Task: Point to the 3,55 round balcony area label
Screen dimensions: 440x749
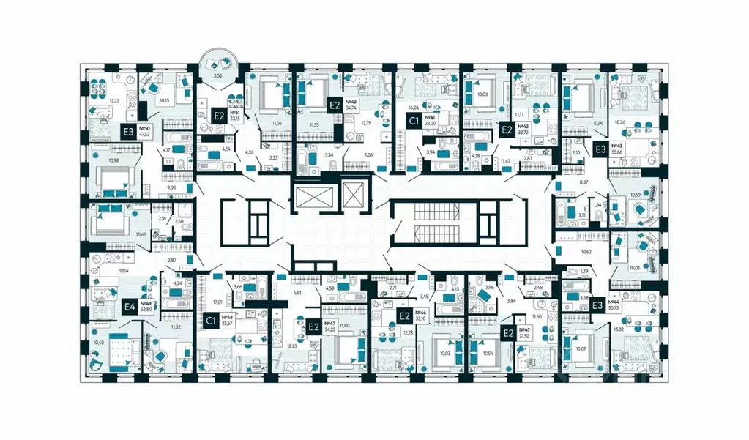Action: coord(215,75)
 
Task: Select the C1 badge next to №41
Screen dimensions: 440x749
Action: coord(414,122)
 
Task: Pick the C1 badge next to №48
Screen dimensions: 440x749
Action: coord(211,320)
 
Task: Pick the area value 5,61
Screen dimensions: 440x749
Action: coord(297,293)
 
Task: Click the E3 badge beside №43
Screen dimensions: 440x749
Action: coord(599,149)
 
